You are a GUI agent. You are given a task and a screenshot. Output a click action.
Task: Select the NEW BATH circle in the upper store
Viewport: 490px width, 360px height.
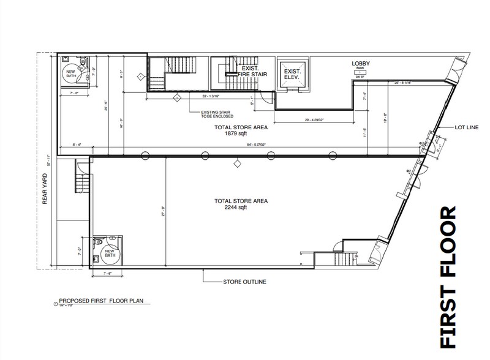tap(71, 72)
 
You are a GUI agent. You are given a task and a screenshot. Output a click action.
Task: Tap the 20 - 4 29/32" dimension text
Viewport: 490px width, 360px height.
tap(315, 120)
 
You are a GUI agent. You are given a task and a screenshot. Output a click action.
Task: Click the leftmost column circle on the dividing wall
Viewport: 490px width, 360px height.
tap(145, 155)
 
